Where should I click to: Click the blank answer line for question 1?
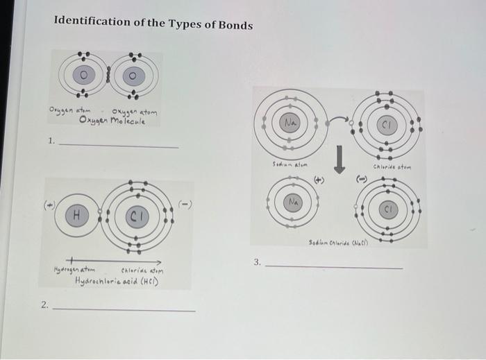point(118,146)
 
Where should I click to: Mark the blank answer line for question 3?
point(333,268)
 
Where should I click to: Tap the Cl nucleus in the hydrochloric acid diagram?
point(137,216)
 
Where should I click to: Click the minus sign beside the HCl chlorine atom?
point(184,203)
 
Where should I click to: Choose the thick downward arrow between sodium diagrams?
point(341,158)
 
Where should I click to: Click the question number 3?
point(256,262)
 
